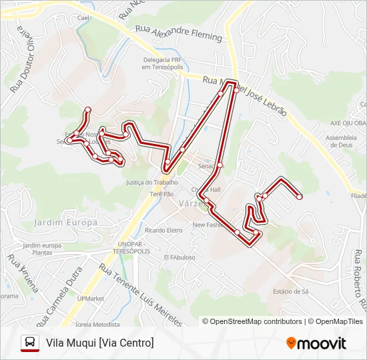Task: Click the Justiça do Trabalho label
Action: coord(151,182)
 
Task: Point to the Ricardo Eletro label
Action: coord(163,231)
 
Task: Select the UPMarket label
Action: coord(90,299)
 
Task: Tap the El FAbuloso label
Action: coord(179,257)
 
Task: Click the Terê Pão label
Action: coord(161,194)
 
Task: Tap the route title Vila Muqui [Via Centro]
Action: coord(99,343)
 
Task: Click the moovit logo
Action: coord(316,343)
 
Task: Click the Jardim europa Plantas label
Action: coord(42,249)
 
